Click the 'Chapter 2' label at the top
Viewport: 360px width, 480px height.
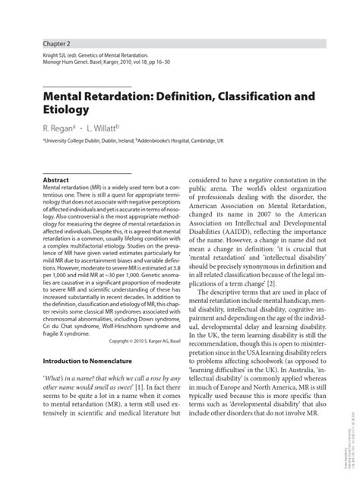57,44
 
